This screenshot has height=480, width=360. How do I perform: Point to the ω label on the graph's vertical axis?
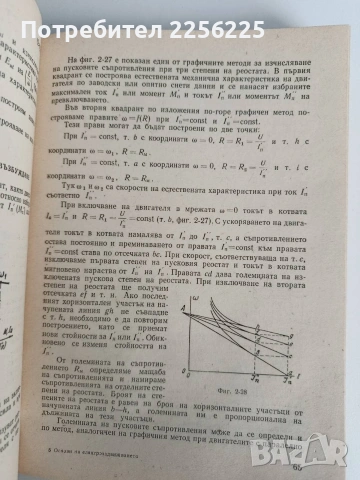[196, 259]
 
